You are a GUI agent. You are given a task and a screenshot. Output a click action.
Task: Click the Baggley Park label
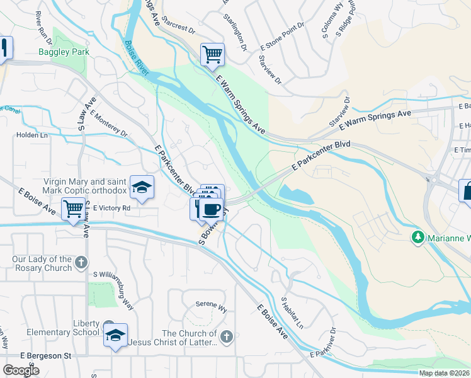pyautogui.click(x=64, y=52)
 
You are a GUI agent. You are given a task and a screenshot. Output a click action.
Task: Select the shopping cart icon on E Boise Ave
pyautogui.click(x=73, y=208)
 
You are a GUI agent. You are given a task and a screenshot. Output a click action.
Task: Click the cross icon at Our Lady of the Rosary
pyautogui.click(x=81, y=261)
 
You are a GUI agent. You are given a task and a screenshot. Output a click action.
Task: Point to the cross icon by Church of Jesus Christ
pyautogui.click(x=227, y=337)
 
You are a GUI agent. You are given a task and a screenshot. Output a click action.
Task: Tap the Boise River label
pyautogui.click(x=137, y=58)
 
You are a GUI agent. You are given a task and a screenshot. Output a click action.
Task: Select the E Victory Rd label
pyautogui.click(x=111, y=207)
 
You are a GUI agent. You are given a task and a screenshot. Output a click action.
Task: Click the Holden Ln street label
pyautogui.click(x=32, y=134)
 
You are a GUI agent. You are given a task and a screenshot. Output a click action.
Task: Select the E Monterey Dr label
pyautogui.click(x=108, y=123)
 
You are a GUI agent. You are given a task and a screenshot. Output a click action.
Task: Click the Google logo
pyautogui.click(x=21, y=370)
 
